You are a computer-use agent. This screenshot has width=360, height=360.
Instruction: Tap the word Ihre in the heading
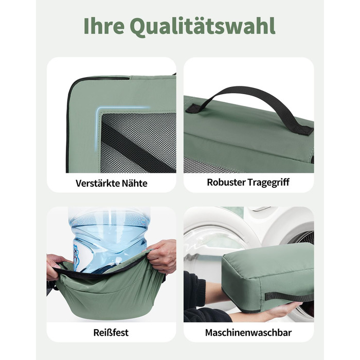pos(104,25)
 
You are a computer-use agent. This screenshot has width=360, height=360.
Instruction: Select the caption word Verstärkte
pos(97,183)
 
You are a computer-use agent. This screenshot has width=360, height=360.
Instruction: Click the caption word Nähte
pos(134,183)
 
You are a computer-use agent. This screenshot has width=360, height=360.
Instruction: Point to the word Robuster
pos(226,182)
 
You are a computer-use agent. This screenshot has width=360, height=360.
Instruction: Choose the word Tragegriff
pos(268,183)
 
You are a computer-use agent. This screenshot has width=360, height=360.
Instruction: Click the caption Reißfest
pos(111,332)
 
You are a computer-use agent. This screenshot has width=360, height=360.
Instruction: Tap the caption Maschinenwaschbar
pos(248,332)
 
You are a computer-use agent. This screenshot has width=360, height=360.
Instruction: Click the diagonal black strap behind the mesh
pos(138,147)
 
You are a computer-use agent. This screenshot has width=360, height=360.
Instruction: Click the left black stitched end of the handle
pos(193,109)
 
